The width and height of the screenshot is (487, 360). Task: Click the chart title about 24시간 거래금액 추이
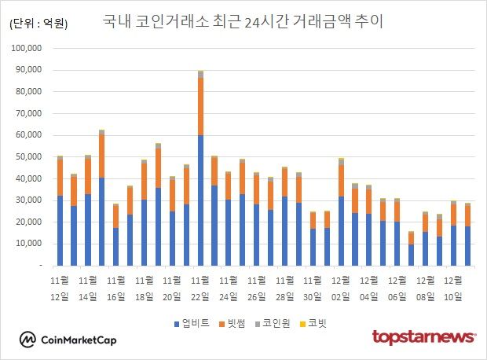tap(243, 21)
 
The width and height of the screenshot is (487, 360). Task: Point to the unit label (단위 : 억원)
tap(38, 24)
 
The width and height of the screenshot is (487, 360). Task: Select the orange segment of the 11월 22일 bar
tap(201, 106)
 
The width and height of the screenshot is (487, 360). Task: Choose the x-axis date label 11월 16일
tap(116, 288)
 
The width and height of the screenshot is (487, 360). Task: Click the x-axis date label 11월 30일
tap(313, 288)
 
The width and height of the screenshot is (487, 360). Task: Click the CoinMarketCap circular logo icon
tap(28, 340)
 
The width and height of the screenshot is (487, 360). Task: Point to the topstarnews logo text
tap(423, 338)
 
